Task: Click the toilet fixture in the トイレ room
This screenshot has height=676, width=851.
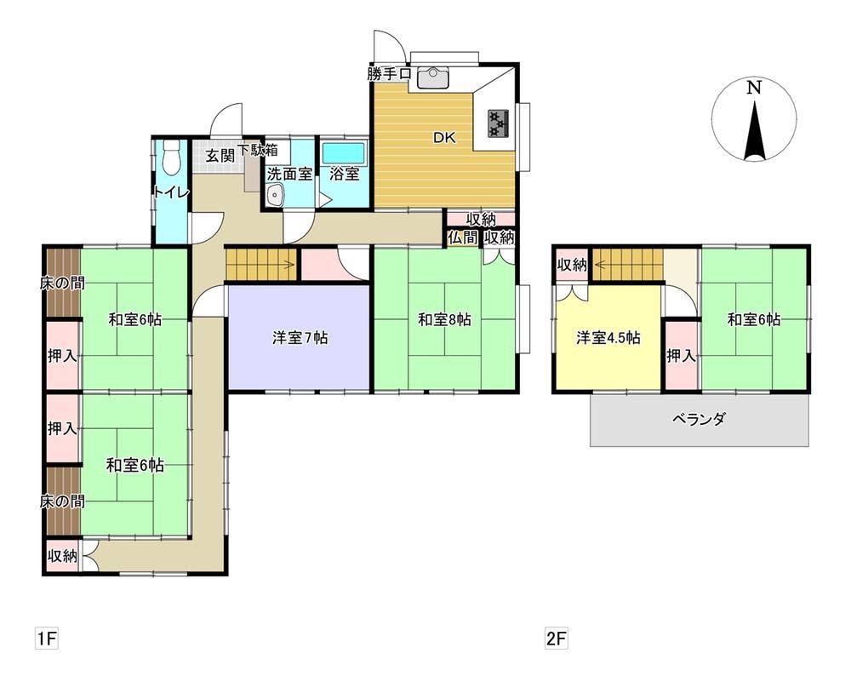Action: [x=170, y=158]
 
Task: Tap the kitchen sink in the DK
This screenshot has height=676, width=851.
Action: [x=433, y=77]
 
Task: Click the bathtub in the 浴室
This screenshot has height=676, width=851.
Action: [x=344, y=153]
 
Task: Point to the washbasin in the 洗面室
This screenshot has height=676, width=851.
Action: [x=275, y=194]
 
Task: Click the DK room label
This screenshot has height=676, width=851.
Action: [x=444, y=138]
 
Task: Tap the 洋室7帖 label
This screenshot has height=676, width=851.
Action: [x=300, y=338]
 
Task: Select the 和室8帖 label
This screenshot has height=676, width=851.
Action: [x=444, y=319]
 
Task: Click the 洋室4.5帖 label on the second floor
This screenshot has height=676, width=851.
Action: [x=608, y=338]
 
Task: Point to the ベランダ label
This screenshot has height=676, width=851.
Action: [x=699, y=419]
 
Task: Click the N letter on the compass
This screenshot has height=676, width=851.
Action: [x=753, y=88]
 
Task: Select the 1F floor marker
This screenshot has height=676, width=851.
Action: [x=46, y=638]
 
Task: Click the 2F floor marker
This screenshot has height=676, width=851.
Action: [x=557, y=638]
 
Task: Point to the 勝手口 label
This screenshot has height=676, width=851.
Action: [x=389, y=74]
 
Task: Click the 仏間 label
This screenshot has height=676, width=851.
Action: [x=462, y=238]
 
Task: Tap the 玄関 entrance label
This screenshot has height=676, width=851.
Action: [x=220, y=156]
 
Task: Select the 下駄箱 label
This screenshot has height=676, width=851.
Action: [x=257, y=150]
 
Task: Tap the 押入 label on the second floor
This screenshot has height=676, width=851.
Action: [x=681, y=356]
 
